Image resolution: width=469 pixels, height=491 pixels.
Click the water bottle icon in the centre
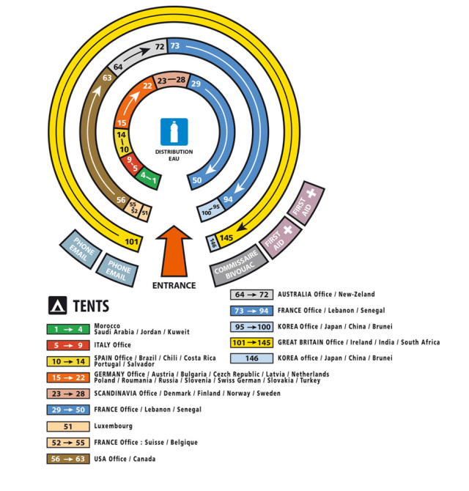[174, 132]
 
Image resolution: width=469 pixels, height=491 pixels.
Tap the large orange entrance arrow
[174, 251]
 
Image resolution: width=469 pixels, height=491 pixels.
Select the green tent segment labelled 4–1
[149, 179]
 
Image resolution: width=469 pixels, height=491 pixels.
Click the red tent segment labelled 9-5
[132, 163]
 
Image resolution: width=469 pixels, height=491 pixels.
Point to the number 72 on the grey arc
[160, 47]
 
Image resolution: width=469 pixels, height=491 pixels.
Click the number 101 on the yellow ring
[131, 241]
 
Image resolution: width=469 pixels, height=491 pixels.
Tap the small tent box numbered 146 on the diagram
[213, 243]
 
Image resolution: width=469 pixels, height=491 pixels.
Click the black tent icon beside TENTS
[57, 306]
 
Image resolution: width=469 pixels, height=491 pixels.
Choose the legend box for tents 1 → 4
[68, 329]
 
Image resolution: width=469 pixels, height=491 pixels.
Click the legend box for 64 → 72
[251, 295]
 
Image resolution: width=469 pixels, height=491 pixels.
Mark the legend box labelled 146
[251, 358]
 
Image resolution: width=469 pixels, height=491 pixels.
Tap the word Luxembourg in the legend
[114, 427]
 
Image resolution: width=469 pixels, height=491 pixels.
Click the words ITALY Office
[112, 345]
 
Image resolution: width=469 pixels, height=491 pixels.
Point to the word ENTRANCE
[174, 286]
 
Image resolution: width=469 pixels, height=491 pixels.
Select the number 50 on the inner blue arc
[197, 180]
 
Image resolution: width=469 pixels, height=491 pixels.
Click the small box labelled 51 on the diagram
[145, 213]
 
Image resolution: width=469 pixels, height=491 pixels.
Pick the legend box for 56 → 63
[68, 459]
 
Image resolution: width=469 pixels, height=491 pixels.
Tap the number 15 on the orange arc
[122, 123]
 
